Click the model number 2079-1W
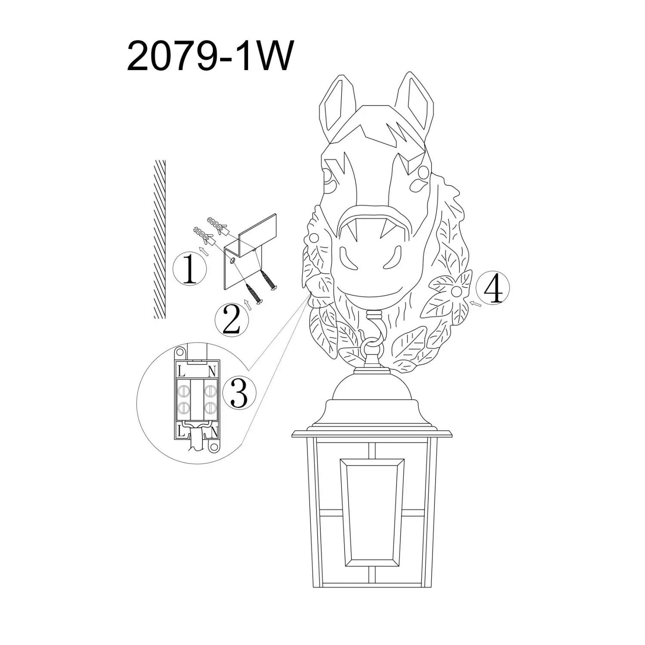coord(210,56)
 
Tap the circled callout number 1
coord(190,268)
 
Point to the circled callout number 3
coord(239,393)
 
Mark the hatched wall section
coord(160,239)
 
